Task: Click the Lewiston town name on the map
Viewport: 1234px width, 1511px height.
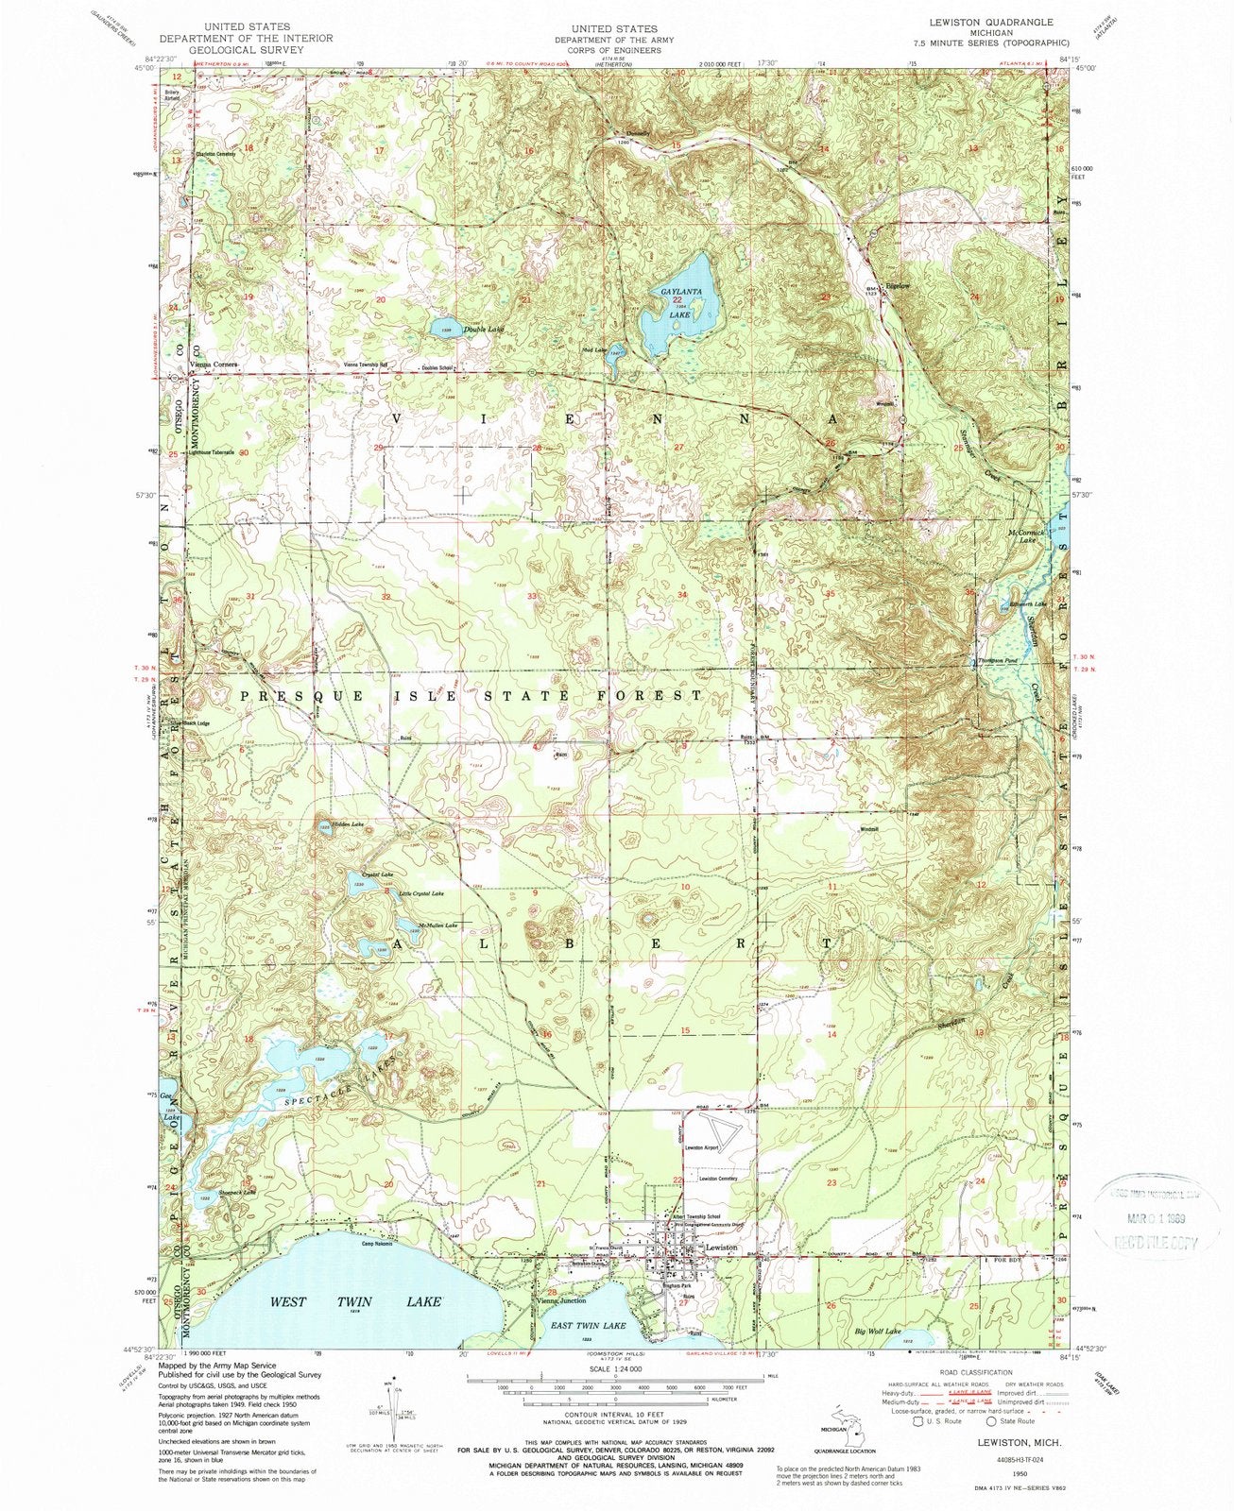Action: pyautogui.click(x=721, y=1248)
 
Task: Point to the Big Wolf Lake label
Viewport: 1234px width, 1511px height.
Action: pyautogui.click(x=878, y=1330)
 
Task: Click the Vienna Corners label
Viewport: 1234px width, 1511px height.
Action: pyautogui.click(x=213, y=364)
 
